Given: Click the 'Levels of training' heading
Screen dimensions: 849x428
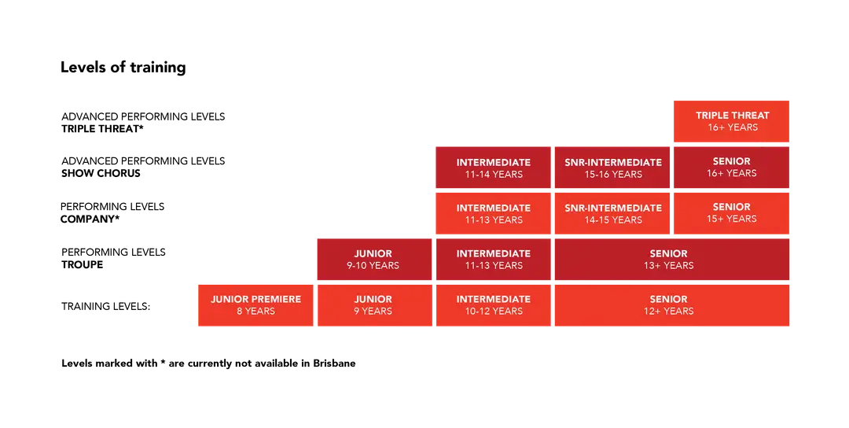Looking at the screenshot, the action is [x=123, y=67].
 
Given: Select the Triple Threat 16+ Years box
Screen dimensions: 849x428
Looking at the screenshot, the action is [x=732, y=121].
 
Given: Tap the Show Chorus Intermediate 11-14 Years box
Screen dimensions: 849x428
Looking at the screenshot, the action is [x=493, y=168].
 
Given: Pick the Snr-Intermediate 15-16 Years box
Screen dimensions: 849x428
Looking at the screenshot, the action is [x=612, y=168].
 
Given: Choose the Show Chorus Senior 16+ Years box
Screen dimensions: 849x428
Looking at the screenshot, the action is [x=732, y=168].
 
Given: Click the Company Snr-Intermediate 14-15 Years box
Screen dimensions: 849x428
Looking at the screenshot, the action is [x=612, y=213].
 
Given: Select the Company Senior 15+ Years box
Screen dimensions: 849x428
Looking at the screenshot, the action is [x=732, y=213].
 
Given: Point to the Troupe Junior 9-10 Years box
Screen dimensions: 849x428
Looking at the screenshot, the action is [x=374, y=260].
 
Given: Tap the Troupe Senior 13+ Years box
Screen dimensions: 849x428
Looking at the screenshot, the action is [x=672, y=260].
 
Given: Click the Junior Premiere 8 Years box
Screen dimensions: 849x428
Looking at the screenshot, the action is [x=255, y=305].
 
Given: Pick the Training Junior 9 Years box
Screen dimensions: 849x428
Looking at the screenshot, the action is [x=374, y=305].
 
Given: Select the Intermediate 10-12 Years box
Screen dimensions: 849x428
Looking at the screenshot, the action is [x=493, y=305].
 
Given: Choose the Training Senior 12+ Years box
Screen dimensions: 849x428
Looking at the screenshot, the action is [x=672, y=305].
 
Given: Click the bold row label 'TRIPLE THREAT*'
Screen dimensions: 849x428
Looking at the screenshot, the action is [x=102, y=129].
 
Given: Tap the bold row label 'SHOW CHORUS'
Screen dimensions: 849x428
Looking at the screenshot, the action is [x=101, y=173].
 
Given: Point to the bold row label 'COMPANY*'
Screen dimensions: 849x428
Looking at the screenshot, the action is [x=90, y=220].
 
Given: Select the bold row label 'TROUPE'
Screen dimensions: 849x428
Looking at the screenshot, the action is [x=83, y=265].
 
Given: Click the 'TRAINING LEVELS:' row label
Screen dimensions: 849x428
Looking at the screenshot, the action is [x=105, y=306].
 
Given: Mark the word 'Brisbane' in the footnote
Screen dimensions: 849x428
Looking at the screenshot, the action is [x=334, y=363].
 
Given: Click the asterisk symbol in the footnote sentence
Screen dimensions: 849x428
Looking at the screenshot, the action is [x=163, y=361].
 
